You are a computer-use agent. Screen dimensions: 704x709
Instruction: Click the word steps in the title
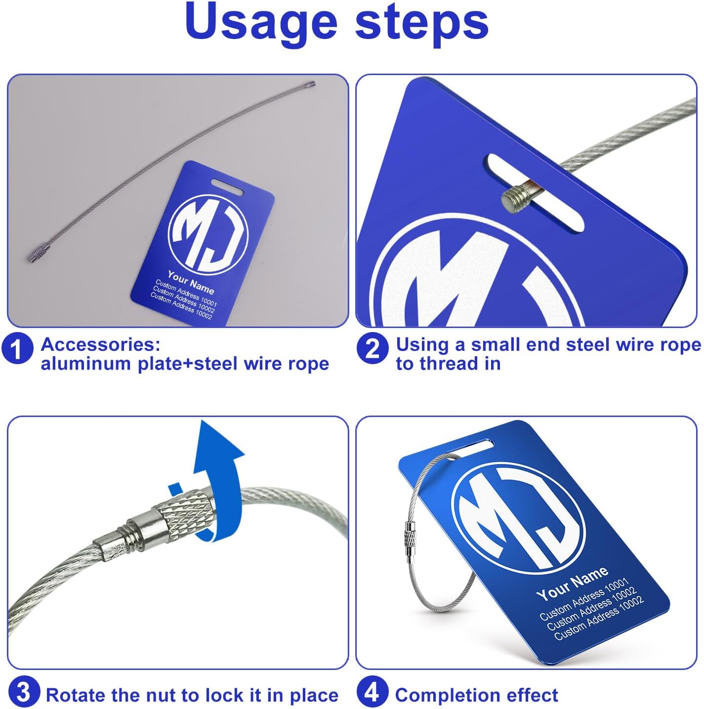point(422,24)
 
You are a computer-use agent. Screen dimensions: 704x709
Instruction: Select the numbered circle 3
point(24,692)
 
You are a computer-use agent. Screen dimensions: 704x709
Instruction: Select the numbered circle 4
point(372,692)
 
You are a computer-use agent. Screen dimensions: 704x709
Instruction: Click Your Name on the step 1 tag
point(191,282)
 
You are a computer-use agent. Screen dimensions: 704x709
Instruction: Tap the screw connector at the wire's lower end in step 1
point(38,253)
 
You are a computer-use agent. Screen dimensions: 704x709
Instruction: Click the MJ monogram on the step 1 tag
point(208,234)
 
